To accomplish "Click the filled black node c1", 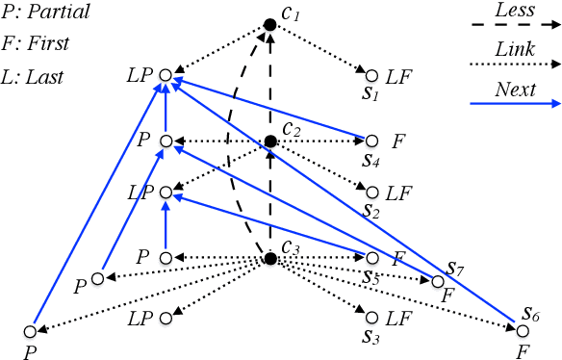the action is tap(272, 25).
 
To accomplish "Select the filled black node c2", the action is tap(271, 141).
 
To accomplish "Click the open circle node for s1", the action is tap(371, 73).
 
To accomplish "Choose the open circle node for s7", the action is tap(438, 281).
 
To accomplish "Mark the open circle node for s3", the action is tap(371, 316).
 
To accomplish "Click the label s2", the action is tap(371, 208).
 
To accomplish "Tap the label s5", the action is tap(371, 276).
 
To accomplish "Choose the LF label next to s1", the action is tap(397, 74).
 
